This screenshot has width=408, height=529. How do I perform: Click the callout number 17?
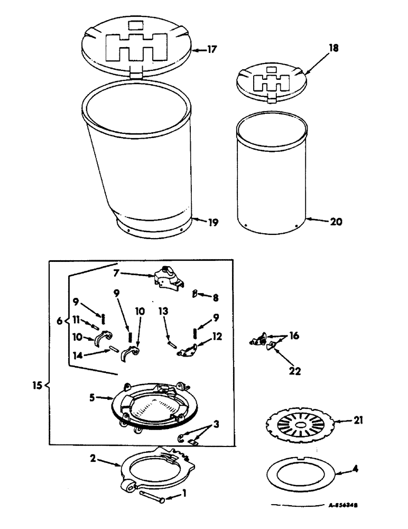tap(212, 50)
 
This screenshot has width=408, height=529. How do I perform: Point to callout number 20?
tap(336, 222)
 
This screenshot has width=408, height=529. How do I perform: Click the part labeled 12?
tap(186, 351)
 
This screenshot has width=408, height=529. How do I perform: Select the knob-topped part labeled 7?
tap(168, 278)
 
